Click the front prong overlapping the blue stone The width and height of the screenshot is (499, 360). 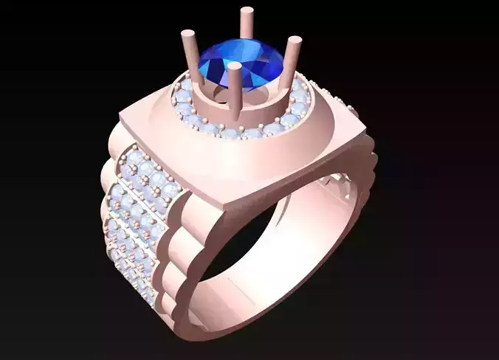235,89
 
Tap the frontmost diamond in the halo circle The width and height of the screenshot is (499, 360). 235,137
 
